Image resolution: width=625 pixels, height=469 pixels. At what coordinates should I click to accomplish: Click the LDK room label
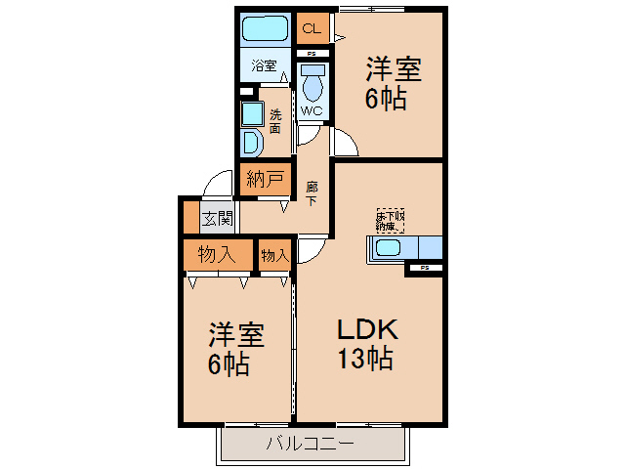click(x=366, y=329)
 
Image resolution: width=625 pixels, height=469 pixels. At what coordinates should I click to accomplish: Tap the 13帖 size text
click(x=365, y=359)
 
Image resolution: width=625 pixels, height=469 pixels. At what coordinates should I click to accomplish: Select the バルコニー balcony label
click(x=311, y=446)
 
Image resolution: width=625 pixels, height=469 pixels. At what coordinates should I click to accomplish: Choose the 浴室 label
click(x=264, y=65)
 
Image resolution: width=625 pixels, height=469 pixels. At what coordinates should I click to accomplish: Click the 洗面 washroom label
click(x=276, y=120)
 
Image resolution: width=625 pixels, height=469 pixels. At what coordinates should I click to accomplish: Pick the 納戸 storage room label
click(x=265, y=179)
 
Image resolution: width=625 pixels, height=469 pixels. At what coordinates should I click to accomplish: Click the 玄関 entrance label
click(x=217, y=218)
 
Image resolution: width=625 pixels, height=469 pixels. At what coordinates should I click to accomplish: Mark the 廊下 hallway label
click(x=311, y=192)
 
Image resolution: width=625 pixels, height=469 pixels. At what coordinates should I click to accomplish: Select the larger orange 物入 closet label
click(x=216, y=255)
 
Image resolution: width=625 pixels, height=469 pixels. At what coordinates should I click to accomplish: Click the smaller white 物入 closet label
click(x=274, y=255)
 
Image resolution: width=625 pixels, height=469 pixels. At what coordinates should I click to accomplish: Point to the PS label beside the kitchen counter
click(x=425, y=267)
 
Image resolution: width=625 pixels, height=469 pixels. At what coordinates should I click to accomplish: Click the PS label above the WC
click(x=312, y=53)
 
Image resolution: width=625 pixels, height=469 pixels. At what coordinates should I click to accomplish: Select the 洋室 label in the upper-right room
click(x=394, y=70)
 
